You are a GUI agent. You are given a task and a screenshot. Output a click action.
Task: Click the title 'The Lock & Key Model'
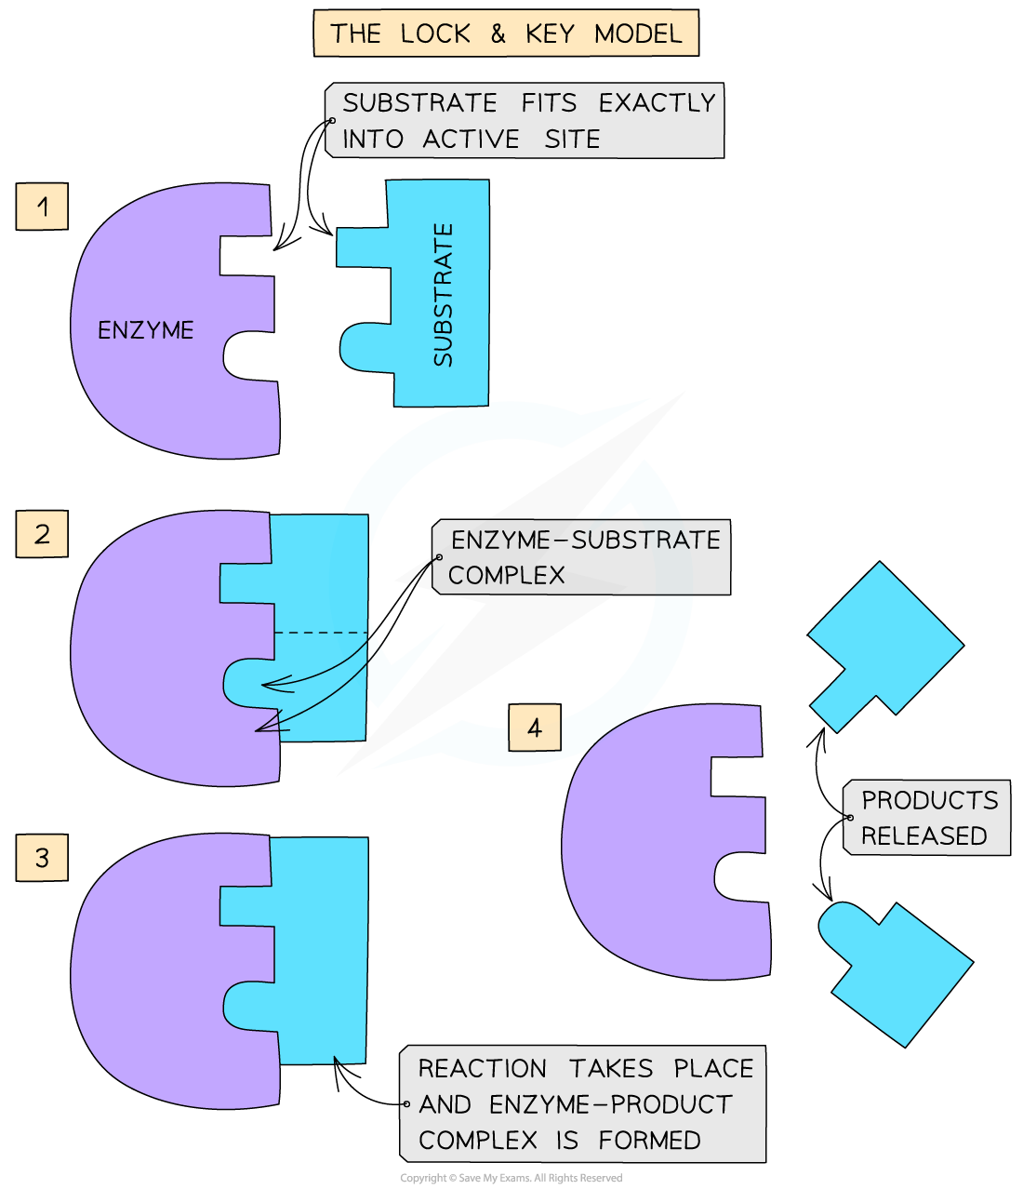click(x=506, y=34)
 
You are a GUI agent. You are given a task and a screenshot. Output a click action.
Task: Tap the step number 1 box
click(x=42, y=206)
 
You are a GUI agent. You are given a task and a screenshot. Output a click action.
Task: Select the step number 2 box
click(x=42, y=534)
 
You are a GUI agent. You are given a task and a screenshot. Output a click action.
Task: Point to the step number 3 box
click(x=42, y=857)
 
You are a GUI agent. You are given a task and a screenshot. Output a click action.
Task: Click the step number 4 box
click(x=534, y=728)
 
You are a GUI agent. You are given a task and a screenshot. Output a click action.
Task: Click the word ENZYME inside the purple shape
click(x=146, y=330)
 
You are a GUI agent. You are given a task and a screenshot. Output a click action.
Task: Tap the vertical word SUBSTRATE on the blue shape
click(x=444, y=294)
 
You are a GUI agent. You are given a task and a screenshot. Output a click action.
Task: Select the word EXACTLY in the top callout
click(x=657, y=102)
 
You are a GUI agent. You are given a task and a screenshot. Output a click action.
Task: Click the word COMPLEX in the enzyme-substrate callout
click(x=507, y=576)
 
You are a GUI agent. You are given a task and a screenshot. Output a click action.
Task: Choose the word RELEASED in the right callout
click(x=923, y=835)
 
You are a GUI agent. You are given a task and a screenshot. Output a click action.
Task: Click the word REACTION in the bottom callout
click(x=482, y=1068)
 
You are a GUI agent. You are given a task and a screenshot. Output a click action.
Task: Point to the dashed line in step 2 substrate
click(x=321, y=633)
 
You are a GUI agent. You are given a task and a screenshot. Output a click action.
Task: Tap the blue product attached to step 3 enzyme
click(x=321, y=949)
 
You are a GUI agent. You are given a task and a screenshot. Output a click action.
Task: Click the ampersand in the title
click(x=498, y=34)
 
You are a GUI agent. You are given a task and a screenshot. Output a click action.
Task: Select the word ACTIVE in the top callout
click(x=471, y=139)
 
